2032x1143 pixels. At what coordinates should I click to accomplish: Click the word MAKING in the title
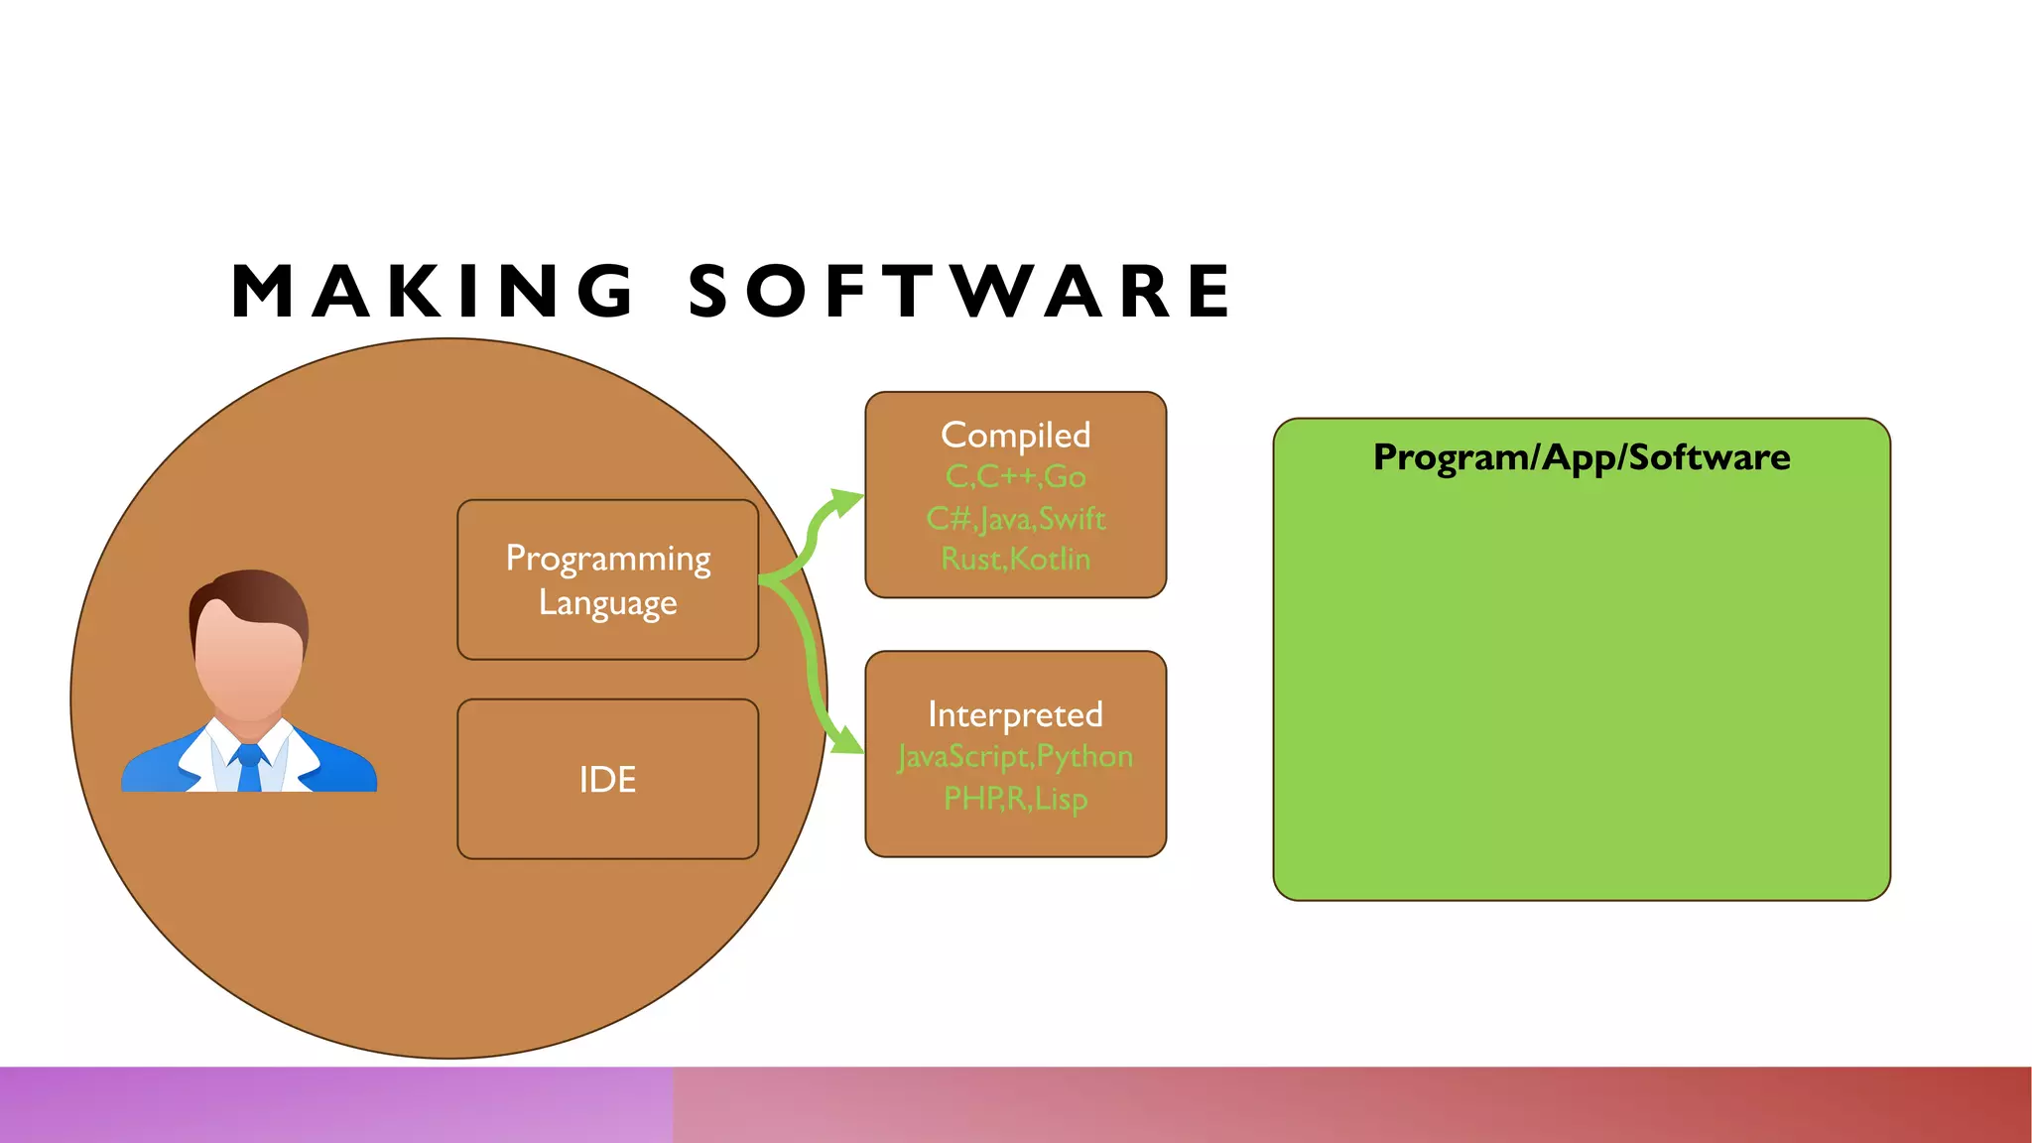pos(432,292)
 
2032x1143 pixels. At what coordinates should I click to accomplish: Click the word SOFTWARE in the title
pos(960,292)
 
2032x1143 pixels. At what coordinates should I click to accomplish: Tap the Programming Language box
pos(607,579)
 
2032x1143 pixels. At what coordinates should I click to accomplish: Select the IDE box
pos(607,779)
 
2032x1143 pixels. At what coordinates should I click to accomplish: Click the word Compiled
pos(1015,435)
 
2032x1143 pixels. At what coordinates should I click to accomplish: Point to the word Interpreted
pos(1015,714)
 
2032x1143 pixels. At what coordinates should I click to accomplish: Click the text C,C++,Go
pos(1015,477)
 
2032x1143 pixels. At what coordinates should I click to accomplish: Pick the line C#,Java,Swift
pos(1015,518)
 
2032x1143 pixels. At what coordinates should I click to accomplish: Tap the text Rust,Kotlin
pos(1015,559)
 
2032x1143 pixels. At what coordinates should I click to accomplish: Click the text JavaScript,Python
pos(1015,757)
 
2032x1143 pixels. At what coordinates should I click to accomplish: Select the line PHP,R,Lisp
pos(1015,799)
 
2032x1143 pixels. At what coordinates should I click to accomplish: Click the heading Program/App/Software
pos(1582,457)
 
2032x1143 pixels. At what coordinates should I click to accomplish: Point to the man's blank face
pos(248,660)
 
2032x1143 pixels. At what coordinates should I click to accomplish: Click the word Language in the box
pos(607,603)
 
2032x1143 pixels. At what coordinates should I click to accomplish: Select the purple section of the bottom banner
pos(337,1104)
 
